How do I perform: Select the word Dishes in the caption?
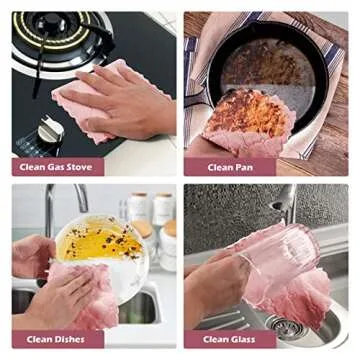click(x=69, y=340)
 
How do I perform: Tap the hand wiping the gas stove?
click(x=123, y=101)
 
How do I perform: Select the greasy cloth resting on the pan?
click(x=249, y=124)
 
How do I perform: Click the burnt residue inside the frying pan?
click(x=263, y=67)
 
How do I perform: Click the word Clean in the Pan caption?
click(x=220, y=167)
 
